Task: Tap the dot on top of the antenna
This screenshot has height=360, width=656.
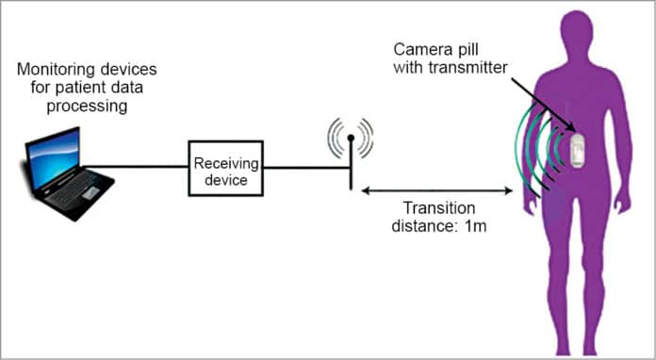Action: [351, 138]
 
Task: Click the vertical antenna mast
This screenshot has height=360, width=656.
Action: [351, 165]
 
